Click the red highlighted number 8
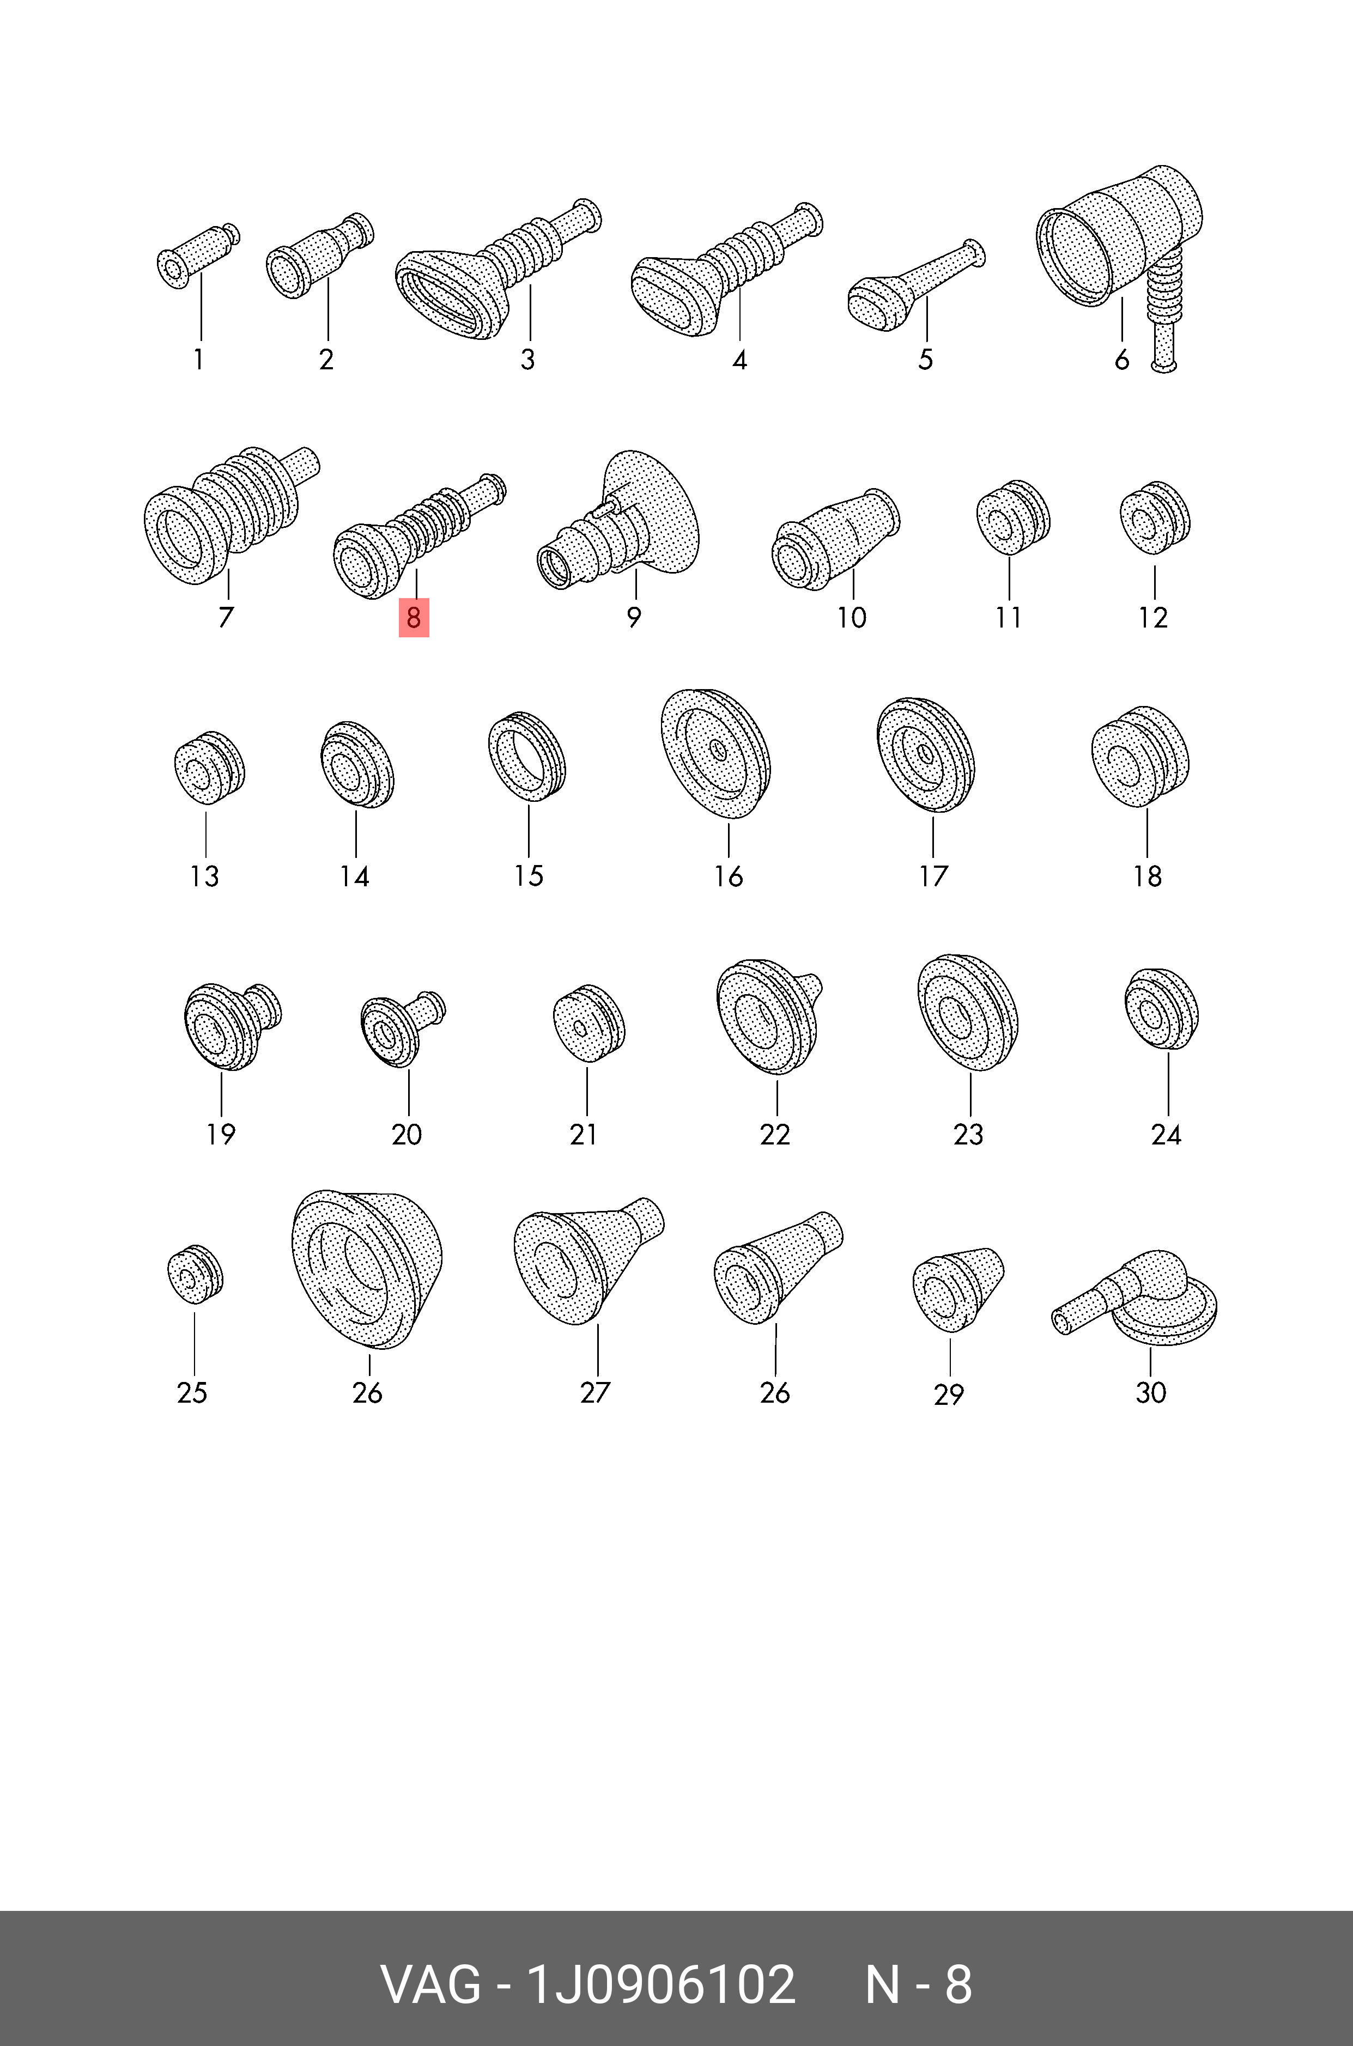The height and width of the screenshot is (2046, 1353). [x=414, y=618]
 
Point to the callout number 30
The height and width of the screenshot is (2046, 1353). [x=1151, y=1392]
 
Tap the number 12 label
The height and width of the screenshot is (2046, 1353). [x=1153, y=618]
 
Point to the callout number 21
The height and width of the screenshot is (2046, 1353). [x=583, y=1134]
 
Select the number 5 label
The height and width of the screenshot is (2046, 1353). [x=926, y=359]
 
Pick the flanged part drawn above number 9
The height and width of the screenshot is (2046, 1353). [x=618, y=519]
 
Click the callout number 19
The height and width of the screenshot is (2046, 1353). [x=221, y=1134]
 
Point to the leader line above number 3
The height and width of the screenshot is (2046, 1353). [x=530, y=312]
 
